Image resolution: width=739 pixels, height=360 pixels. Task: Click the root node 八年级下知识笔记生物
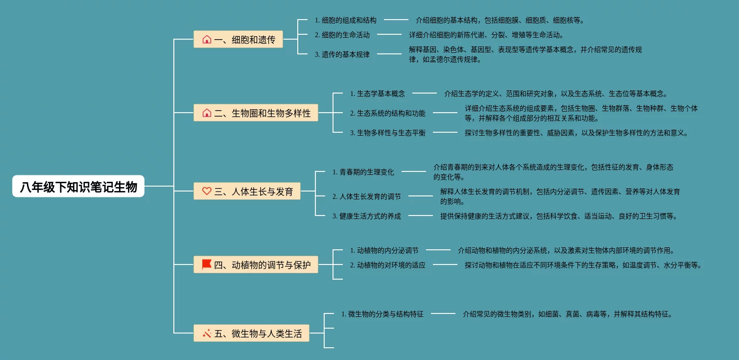click(78, 187)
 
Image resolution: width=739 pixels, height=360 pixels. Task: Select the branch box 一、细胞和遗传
click(238, 40)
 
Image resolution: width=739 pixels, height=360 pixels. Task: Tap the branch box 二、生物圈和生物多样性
click(256, 113)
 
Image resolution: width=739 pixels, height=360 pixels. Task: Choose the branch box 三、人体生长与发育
click(247, 192)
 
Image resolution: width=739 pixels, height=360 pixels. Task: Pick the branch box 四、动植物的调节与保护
click(256, 265)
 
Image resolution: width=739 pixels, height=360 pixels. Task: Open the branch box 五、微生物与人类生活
click(252, 334)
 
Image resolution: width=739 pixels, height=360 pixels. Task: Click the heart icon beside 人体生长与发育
click(207, 192)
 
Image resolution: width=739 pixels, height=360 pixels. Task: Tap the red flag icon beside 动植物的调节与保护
click(207, 265)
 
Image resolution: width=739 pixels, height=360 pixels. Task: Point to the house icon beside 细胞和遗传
click(207, 40)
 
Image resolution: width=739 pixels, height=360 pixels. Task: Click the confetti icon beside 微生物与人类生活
click(207, 334)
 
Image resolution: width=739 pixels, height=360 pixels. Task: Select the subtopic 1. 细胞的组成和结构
click(346, 20)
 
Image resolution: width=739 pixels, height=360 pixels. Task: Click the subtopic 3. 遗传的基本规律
click(342, 54)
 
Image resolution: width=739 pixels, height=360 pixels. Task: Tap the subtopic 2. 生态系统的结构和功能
click(387, 113)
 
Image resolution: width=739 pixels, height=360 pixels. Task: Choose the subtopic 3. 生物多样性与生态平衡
click(387, 133)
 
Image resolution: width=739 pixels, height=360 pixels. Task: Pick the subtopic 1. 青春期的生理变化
click(363, 172)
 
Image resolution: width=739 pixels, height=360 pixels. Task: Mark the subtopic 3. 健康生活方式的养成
click(366, 216)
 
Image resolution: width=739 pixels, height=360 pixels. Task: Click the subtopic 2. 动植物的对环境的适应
click(387, 265)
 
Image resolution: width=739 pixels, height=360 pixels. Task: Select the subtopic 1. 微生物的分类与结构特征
click(382, 314)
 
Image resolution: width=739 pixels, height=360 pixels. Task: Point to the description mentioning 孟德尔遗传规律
click(525, 54)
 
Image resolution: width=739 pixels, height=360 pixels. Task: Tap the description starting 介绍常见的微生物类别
click(567, 314)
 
